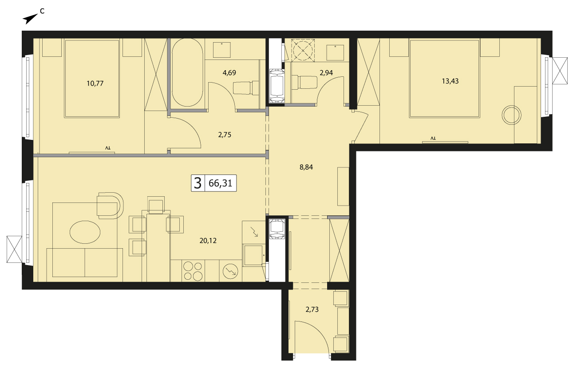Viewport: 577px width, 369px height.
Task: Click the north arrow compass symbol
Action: coord(30,19)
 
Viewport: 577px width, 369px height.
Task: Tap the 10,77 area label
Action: coord(95,83)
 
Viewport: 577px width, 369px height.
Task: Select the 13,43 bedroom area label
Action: coord(450,81)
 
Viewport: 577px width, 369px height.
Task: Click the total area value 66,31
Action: coord(220,183)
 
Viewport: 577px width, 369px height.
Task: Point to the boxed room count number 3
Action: coord(198,183)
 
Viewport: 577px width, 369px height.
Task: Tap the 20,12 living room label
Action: coord(208,241)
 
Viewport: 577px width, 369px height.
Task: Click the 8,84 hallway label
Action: coord(306,167)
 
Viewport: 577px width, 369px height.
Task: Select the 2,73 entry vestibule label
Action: coord(312,309)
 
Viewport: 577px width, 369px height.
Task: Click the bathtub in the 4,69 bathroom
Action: coord(187,72)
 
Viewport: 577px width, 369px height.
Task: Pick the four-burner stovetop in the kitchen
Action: coord(193,271)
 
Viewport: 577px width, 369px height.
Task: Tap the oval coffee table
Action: coord(85,232)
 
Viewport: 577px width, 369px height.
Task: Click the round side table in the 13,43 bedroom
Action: coord(511,115)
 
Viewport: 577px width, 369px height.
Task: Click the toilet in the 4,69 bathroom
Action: coord(246,87)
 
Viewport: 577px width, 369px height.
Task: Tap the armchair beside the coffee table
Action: coord(110,206)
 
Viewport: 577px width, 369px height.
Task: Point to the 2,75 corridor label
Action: coord(225,135)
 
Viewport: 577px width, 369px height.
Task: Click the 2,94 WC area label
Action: coord(326,73)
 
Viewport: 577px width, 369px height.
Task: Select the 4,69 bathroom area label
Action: coord(229,73)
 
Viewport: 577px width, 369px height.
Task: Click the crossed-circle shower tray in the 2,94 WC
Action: coord(303,50)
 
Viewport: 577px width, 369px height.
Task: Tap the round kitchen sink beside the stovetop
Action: coord(230,271)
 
